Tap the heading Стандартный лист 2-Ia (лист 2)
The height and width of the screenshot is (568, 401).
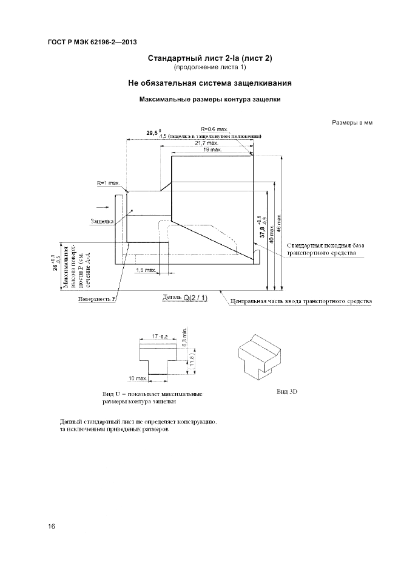click(x=209, y=58)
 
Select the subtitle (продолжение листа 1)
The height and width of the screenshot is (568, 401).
click(x=209, y=67)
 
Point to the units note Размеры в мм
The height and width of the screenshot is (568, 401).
click(x=351, y=122)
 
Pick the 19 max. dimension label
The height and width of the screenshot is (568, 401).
click(x=212, y=149)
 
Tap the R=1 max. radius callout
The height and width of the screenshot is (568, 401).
click(x=108, y=182)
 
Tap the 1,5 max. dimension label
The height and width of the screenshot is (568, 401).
click(x=146, y=269)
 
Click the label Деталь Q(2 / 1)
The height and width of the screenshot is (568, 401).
click(x=185, y=298)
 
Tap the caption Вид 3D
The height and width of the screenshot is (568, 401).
click(x=287, y=392)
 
